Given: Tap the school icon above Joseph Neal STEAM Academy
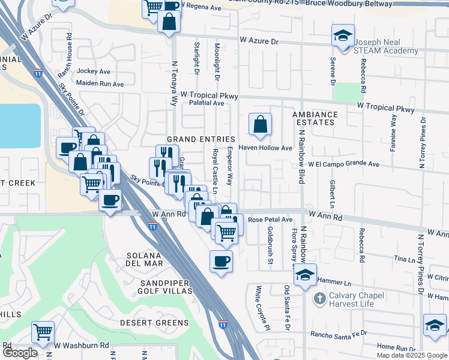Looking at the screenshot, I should pos(343,35).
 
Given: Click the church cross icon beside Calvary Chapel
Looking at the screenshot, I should pos(320,297).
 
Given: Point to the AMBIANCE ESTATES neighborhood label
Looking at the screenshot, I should pos(315,118).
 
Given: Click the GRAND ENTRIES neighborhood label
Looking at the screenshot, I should pos(200,139).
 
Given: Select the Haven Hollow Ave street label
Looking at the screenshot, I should pos(265,148).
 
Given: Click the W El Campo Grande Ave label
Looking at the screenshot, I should pos(344,164).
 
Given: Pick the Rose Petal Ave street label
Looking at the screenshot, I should pos(270,220).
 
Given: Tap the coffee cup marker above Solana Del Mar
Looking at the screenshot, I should pos(221,261).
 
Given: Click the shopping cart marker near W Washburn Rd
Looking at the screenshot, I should pos(43,331).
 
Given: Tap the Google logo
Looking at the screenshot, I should pos(20,353).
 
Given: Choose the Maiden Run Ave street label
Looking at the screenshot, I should pos(100,83).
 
